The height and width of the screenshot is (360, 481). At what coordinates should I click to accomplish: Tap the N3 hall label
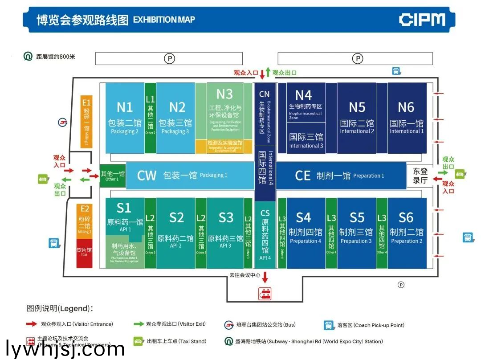(224, 94)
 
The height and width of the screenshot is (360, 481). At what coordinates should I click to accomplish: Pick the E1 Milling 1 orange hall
(86, 121)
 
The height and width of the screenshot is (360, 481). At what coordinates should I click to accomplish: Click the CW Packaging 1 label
(147, 176)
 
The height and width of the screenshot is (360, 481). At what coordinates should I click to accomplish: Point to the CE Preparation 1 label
(303, 176)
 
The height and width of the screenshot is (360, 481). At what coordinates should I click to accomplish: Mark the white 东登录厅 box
(420, 176)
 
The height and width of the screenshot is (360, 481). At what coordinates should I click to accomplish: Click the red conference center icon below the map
(265, 294)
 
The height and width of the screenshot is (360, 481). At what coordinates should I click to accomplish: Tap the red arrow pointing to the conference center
(265, 277)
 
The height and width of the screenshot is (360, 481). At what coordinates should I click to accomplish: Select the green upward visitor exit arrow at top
(268, 72)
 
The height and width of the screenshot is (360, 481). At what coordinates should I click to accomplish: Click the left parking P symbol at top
(169, 58)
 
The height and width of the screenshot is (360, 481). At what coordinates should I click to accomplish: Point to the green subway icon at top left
(28, 57)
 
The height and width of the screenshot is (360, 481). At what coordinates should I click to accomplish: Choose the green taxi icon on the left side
(43, 180)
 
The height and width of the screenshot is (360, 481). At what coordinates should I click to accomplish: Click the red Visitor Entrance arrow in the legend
(31, 324)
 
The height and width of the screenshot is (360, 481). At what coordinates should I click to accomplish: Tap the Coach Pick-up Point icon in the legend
(328, 325)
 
